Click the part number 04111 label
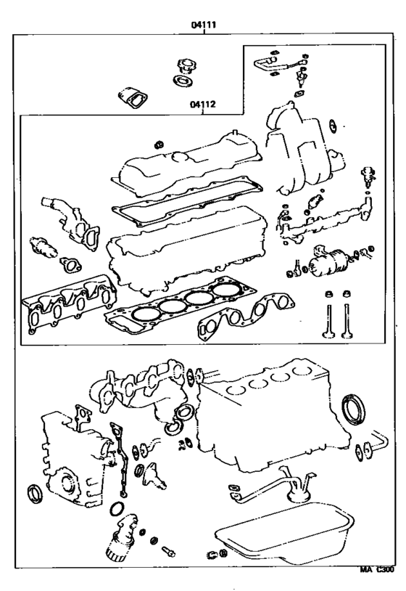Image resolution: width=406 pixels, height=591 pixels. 203,25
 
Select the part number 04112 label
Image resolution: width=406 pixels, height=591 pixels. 203,104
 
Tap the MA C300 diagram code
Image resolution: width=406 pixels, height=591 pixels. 377,569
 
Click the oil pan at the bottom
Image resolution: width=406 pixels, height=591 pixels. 285,531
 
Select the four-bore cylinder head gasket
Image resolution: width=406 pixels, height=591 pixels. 181,303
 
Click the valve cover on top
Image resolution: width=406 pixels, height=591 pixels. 187,163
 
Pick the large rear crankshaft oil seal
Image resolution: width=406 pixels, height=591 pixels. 353,410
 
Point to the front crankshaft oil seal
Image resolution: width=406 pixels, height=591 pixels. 35,494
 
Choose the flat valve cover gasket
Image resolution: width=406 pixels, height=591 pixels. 187,203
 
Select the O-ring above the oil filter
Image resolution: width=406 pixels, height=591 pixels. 117,509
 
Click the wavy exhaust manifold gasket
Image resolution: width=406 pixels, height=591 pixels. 244,316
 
